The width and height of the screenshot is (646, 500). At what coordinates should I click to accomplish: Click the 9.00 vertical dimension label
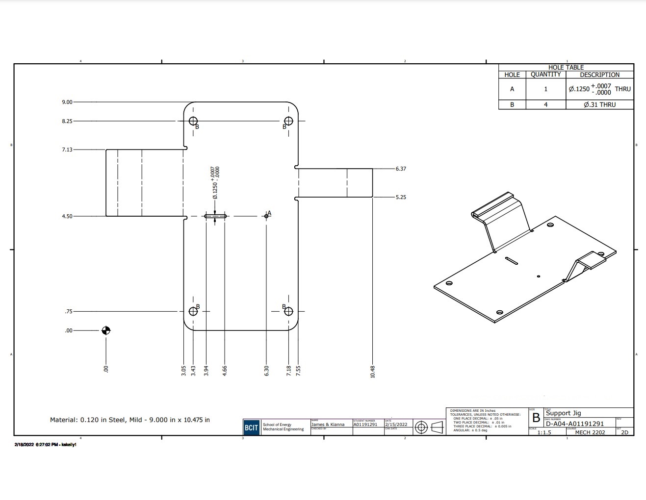pos(67,102)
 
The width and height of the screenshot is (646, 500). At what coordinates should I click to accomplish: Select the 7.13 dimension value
pos(67,150)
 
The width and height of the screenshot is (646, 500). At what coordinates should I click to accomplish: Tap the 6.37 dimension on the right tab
pos(401,169)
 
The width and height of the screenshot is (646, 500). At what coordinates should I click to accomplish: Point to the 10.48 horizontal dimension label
pos(373,372)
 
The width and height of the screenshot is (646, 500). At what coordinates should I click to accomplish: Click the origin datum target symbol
pos(106,330)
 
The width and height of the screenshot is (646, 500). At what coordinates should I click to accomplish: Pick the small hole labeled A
pos(266,216)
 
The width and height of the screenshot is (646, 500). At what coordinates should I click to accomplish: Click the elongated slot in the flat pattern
pos(215,216)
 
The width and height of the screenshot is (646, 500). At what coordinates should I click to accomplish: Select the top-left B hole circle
pos(193,121)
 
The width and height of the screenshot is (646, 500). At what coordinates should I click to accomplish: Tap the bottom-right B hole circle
pos(288,311)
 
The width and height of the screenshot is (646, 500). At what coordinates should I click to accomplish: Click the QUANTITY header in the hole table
pos(545,75)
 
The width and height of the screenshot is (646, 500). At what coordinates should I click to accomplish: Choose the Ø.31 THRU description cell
pos(599,104)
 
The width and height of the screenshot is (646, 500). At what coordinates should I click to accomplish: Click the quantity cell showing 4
pos(545,104)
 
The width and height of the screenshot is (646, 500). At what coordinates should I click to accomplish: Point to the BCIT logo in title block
pos(251,427)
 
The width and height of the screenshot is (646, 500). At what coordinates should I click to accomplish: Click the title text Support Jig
pos(563,413)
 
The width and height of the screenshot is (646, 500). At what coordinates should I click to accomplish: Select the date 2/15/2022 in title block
pos(396,425)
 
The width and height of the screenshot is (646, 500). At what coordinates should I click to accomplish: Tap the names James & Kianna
pos(328,425)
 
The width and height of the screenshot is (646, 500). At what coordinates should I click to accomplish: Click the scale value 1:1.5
pos(544,432)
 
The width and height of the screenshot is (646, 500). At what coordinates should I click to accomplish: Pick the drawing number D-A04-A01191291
pos(574,424)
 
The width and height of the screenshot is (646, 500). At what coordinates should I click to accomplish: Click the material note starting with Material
pos(129,420)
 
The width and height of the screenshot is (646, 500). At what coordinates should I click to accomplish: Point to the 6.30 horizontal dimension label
pos(266,371)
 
